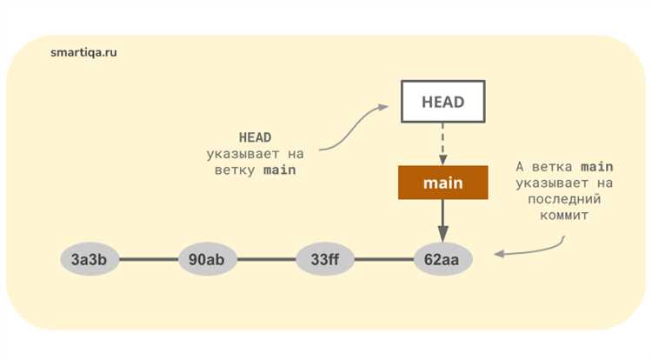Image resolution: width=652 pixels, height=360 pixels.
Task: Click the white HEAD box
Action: pos(442,102)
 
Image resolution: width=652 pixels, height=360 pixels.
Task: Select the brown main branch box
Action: pos(442,183)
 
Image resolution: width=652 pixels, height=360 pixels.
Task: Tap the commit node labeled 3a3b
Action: pos(90,259)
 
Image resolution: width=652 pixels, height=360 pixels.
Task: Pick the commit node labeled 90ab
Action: pos(208,259)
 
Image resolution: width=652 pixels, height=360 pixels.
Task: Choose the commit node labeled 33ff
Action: pos(325,259)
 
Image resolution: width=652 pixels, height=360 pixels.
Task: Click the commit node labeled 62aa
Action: pos(442,259)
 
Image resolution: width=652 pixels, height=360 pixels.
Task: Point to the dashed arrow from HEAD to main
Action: pos(442,143)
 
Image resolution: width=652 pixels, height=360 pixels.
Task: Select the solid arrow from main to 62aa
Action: pos(442,221)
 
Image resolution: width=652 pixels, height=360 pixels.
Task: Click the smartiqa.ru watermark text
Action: pos(83,52)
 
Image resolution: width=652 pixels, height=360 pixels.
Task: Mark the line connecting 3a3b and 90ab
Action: pos(149,259)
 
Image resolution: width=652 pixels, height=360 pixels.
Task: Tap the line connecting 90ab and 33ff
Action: pos(267,259)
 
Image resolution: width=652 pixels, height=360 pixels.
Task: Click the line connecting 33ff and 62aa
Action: pos(384,259)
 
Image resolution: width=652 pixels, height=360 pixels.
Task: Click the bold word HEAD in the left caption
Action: pos(255,137)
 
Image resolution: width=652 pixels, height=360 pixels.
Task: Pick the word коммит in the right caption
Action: pos(564,216)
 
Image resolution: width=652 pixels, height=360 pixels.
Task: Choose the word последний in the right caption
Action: pos(564,199)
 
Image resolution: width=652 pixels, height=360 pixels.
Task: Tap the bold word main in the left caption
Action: pos(279,170)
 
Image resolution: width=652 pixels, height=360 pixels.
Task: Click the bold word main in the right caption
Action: pos(596,167)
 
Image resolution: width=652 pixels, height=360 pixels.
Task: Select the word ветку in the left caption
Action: pos(235,170)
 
